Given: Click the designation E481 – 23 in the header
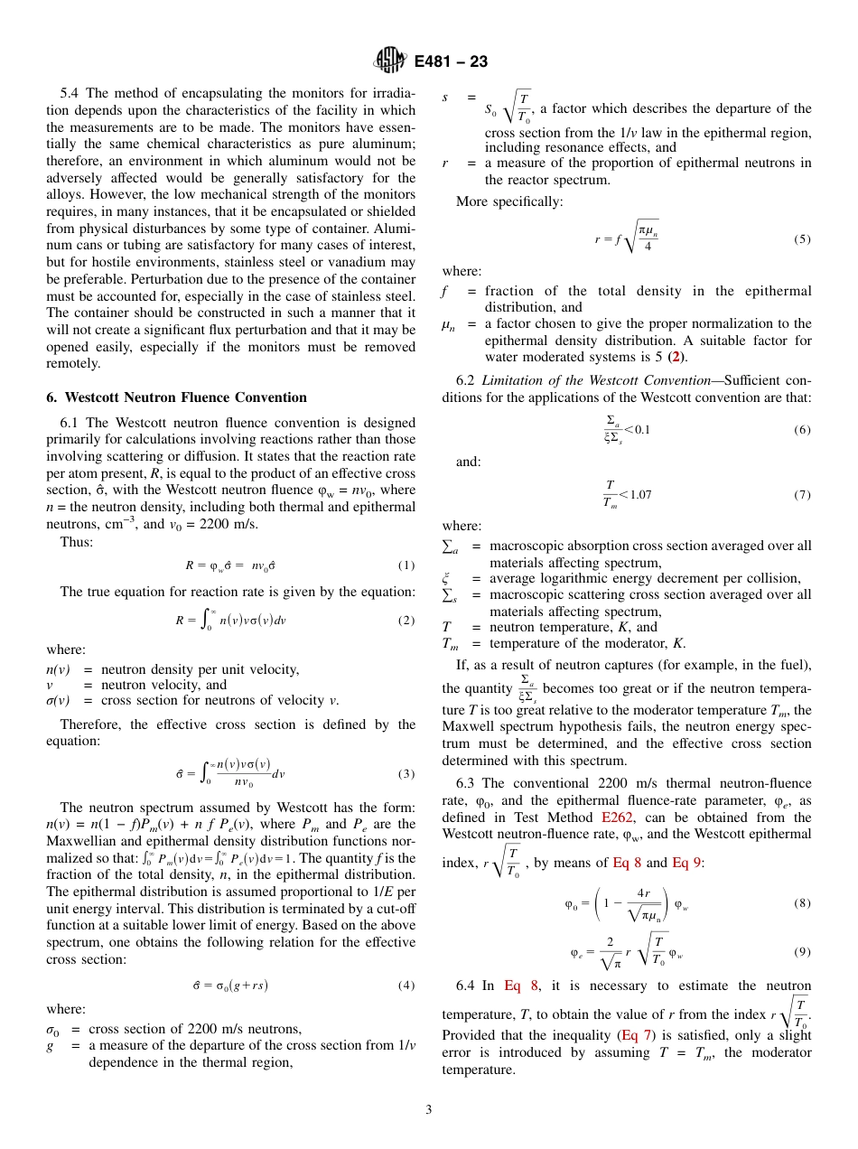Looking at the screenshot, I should (x=451, y=61).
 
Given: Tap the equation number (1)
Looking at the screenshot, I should (x=406, y=565).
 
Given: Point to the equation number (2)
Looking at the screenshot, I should (x=406, y=621).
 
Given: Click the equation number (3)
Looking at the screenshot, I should (x=406, y=773).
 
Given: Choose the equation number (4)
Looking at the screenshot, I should (x=406, y=985).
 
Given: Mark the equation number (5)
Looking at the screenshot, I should (x=802, y=238).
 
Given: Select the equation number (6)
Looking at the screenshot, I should (x=802, y=430).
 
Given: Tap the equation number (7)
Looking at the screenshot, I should (x=802, y=495).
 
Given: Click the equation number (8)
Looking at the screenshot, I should (x=802, y=902).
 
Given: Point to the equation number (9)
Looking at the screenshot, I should (x=802, y=951).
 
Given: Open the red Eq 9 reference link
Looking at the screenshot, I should (x=686, y=863).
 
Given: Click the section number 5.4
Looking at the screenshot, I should (x=70, y=94).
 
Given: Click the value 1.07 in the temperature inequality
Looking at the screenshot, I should (x=640, y=494).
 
